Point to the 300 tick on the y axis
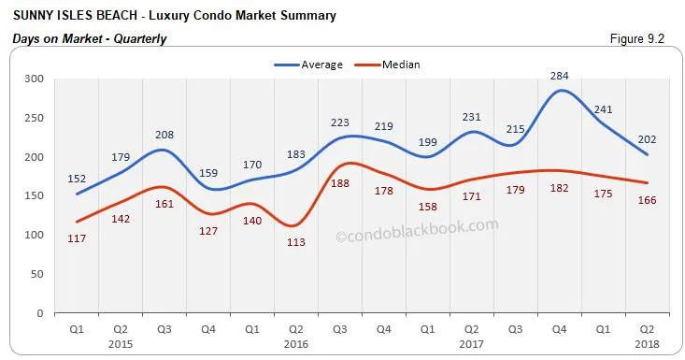(x=34, y=79)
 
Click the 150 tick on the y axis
(x=34, y=196)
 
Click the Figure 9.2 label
(x=637, y=39)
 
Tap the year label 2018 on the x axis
(x=646, y=343)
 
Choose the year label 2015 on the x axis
(x=119, y=343)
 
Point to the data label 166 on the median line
(x=646, y=200)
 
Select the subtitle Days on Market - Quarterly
(x=89, y=39)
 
